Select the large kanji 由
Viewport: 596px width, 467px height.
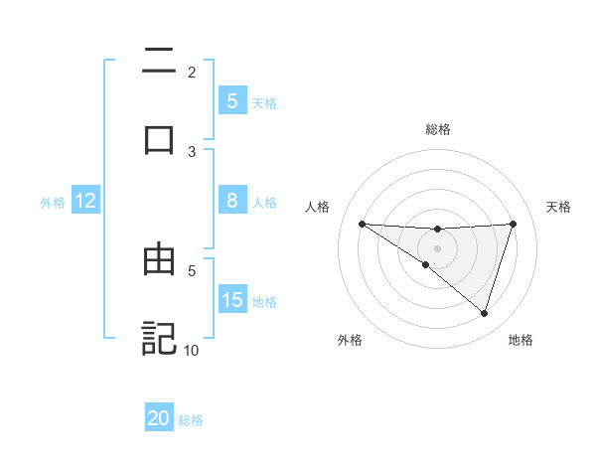coord(159,261)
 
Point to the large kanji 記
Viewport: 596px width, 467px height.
coord(159,337)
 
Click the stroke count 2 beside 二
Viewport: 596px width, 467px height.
coord(192,73)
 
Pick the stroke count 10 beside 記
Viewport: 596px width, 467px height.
coord(192,350)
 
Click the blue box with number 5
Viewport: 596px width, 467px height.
coord(231,100)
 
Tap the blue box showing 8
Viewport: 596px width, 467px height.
coord(231,201)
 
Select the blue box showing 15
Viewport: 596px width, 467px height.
coord(231,300)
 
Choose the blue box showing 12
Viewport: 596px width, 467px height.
coord(85,201)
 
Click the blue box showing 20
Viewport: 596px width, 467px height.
coord(159,418)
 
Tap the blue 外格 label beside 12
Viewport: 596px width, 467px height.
coord(53,202)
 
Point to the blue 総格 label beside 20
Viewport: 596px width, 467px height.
coord(191,420)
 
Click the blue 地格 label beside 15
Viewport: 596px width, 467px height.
coord(264,301)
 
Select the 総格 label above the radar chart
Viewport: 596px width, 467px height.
coord(438,129)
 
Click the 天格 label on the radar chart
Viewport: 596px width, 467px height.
coord(559,207)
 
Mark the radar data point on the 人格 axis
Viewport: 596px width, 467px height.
coord(362,224)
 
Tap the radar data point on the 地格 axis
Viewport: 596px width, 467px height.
coord(485,313)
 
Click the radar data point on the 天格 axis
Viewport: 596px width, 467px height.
coord(514,224)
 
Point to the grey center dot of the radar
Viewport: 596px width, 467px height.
coord(438,248)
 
